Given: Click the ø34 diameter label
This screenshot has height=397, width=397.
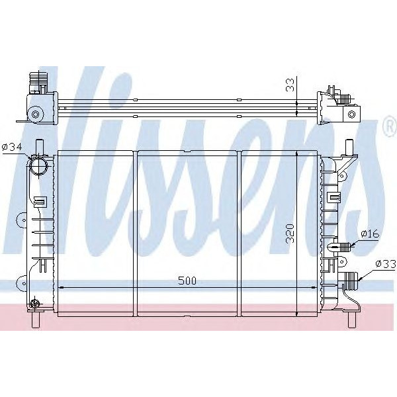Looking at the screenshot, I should (x=13, y=147).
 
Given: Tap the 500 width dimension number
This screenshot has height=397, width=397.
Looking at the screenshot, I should (x=187, y=281).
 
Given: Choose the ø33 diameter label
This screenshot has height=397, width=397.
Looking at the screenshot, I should (x=385, y=263).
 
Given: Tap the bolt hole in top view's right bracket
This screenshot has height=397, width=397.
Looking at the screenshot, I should (x=351, y=114).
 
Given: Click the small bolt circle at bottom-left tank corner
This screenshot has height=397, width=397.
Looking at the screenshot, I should (x=33, y=303).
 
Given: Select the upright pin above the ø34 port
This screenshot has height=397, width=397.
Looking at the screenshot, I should (x=39, y=146).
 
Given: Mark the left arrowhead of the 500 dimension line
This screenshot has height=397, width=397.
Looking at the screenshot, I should (x=62, y=288).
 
